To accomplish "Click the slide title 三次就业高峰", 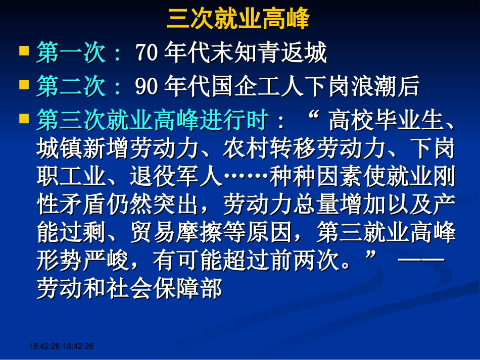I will click(x=238, y=20).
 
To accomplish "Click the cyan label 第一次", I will click(x=71, y=53).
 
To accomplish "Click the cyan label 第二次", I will click(x=71, y=86).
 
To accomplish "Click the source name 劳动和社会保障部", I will click(x=129, y=289).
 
